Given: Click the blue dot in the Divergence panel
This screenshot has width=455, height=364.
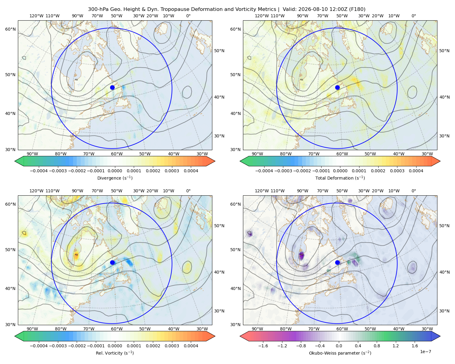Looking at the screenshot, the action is tap(112, 87).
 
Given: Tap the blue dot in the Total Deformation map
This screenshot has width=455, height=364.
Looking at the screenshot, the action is tap(337, 87).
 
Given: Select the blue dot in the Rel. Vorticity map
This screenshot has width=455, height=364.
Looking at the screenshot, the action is tap(112, 262).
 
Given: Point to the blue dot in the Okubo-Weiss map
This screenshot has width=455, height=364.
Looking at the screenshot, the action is tap(337, 262).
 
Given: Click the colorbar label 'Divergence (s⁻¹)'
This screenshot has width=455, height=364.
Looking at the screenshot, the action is tap(115, 178).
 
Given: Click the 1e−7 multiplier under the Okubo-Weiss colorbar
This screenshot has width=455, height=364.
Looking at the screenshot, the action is tap(425, 352).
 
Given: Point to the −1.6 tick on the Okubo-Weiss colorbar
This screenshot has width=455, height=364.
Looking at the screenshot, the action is tap(263, 345).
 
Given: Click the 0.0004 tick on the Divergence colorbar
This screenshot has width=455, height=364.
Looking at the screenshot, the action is tap(191, 171).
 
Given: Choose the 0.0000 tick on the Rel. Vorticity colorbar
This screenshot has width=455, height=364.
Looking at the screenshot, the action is tap(115, 345).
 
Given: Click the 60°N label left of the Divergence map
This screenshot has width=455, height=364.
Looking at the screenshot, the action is tap(10, 29).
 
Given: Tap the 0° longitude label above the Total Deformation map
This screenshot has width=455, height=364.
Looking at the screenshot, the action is tap(413, 16).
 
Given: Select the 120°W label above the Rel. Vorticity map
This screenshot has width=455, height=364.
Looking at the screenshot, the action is tap(36, 191).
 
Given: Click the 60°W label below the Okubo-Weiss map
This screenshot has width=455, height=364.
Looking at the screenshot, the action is tap(342, 329).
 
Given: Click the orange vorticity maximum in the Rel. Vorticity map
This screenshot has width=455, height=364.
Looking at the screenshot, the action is tap(76, 255).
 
